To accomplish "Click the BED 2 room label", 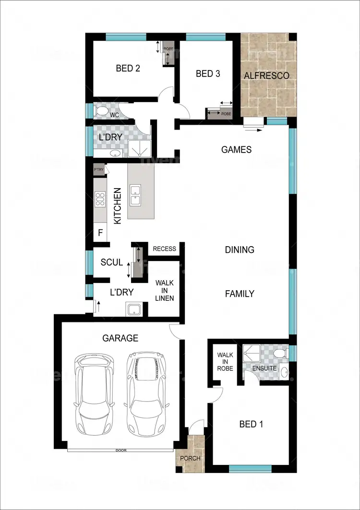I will tap(128, 68).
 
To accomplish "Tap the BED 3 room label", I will tap(208, 74).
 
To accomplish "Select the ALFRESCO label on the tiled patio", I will tap(266, 75).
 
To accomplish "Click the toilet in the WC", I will tap(102, 111).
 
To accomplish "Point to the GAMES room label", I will tap(236, 150).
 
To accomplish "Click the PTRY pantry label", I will tap(99, 169).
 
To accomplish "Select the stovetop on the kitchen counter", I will tap(100, 199).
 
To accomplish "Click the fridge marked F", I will tap(100, 234).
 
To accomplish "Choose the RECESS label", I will tap(164, 249).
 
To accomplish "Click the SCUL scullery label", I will tap(111, 262).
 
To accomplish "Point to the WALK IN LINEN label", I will tap(164, 291).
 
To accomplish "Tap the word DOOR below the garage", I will tap(120, 451).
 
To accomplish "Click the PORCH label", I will tap(190, 458).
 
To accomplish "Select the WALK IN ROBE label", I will tap(225, 362).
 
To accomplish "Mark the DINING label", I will tap(240, 250).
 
